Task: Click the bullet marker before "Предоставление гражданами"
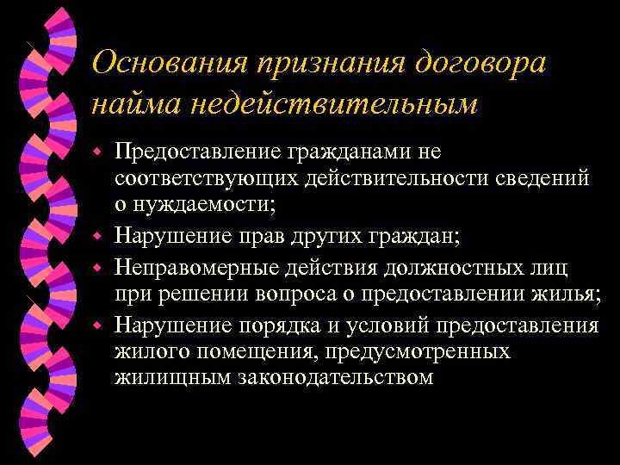pos(99,153)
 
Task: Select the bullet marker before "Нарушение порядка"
pos(99,325)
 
